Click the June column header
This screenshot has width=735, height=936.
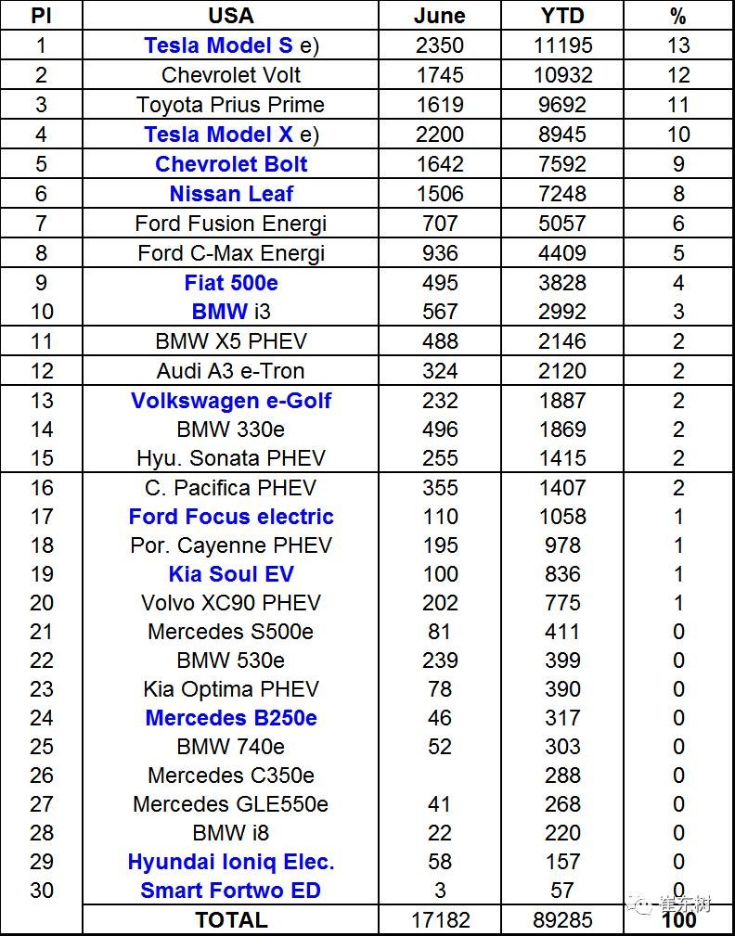[439, 16]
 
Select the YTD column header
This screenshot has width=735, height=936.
[562, 16]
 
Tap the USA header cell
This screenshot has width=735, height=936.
[231, 16]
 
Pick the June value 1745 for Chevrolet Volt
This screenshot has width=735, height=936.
[439, 75]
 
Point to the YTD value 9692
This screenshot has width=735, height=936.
[562, 105]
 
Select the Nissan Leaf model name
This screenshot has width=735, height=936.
[231, 194]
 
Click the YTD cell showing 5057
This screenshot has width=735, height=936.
[562, 224]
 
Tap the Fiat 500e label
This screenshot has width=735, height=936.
[231, 283]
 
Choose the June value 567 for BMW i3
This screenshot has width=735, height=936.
[439, 312]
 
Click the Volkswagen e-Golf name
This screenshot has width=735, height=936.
[231, 401]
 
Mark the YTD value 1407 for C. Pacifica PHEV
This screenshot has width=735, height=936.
[562, 488]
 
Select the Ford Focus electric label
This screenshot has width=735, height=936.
[231, 517]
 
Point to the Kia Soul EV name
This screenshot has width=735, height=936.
[231, 574]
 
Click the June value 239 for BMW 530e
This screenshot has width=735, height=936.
[439, 660]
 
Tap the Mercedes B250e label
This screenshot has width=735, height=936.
[231, 718]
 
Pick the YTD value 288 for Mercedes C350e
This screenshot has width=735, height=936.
[562, 776]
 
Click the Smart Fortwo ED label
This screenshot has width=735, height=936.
[231, 891]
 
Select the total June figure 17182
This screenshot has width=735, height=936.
[439, 920]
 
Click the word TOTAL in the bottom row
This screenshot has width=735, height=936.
[231, 920]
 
